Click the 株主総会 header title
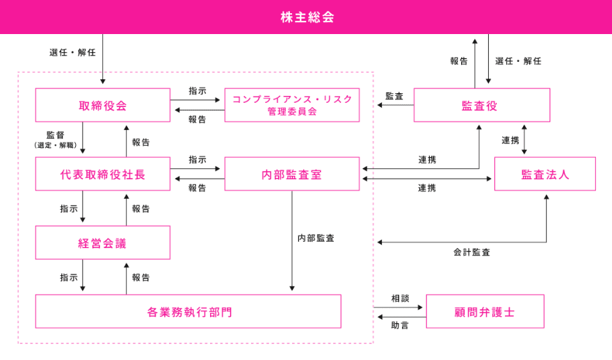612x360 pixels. click(x=307, y=17)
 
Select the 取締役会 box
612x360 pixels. click(x=103, y=105)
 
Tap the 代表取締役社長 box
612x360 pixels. click(x=103, y=174)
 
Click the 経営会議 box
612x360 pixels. click(x=103, y=243)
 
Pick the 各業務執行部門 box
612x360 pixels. click(x=188, y=311)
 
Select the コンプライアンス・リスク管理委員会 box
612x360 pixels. click(x=292, y=105)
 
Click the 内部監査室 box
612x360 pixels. click(x=292, y=174)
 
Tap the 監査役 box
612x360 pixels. click(x=481, y=105)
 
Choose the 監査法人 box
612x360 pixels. click(x=545, y=174)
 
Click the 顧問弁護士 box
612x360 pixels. click(x=485, y=311)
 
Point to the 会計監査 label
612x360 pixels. click(x=472, y=252)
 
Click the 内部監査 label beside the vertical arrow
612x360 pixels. click(x=316, y=238)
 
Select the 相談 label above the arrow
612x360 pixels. click(x=400, y=298)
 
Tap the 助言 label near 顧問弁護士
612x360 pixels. click(x=400, y=325)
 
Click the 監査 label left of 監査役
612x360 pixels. click(x=394, y=96)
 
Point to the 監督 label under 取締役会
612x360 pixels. click(x=56, y=135)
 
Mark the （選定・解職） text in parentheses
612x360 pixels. click(x=56, y=145)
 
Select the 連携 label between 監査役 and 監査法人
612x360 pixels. click(x=510, y=140)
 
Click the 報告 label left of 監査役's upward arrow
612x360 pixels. click(x=459, y=61)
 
